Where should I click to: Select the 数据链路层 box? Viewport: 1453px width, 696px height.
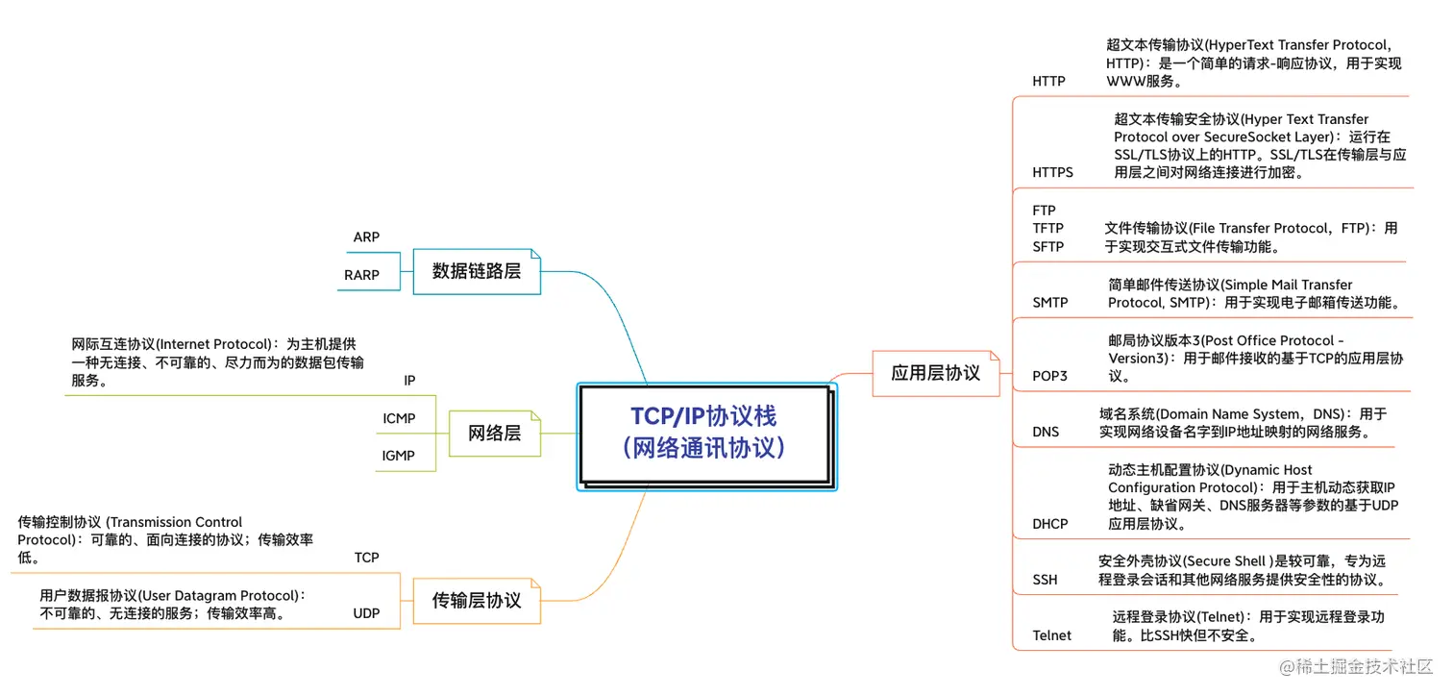click(x=477, y=271)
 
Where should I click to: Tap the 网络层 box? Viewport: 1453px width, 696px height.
click(x=494, y=433)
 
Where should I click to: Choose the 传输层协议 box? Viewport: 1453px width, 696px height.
click(x=477, y=601)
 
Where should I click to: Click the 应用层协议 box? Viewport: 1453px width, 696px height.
click(x=935, y=373)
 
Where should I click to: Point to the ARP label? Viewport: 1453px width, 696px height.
click(x=366, y=237)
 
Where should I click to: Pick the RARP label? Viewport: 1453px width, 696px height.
click(x=361, y=275)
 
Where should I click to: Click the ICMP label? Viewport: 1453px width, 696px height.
click(x=399, y=418)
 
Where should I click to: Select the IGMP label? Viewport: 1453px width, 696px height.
click(x=399, y=456)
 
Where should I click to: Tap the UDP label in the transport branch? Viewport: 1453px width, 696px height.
click(x=366, y=613)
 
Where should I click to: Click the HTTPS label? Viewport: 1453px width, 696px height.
click(x=1052, y=173)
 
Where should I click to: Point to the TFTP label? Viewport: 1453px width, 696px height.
click(x=1047, y=229)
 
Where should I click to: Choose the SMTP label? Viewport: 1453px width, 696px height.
click(x=1049, y=303)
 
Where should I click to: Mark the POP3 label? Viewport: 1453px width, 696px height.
click(x=1049, y=376)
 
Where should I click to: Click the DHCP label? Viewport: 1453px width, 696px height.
click(x=1049, y=524)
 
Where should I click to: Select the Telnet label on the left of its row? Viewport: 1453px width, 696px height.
click(x=1051, y=635)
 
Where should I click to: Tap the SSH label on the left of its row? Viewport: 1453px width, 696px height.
click(x=1045, y=580)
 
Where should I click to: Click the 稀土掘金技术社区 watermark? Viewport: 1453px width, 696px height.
click(x=1351, y=666)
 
